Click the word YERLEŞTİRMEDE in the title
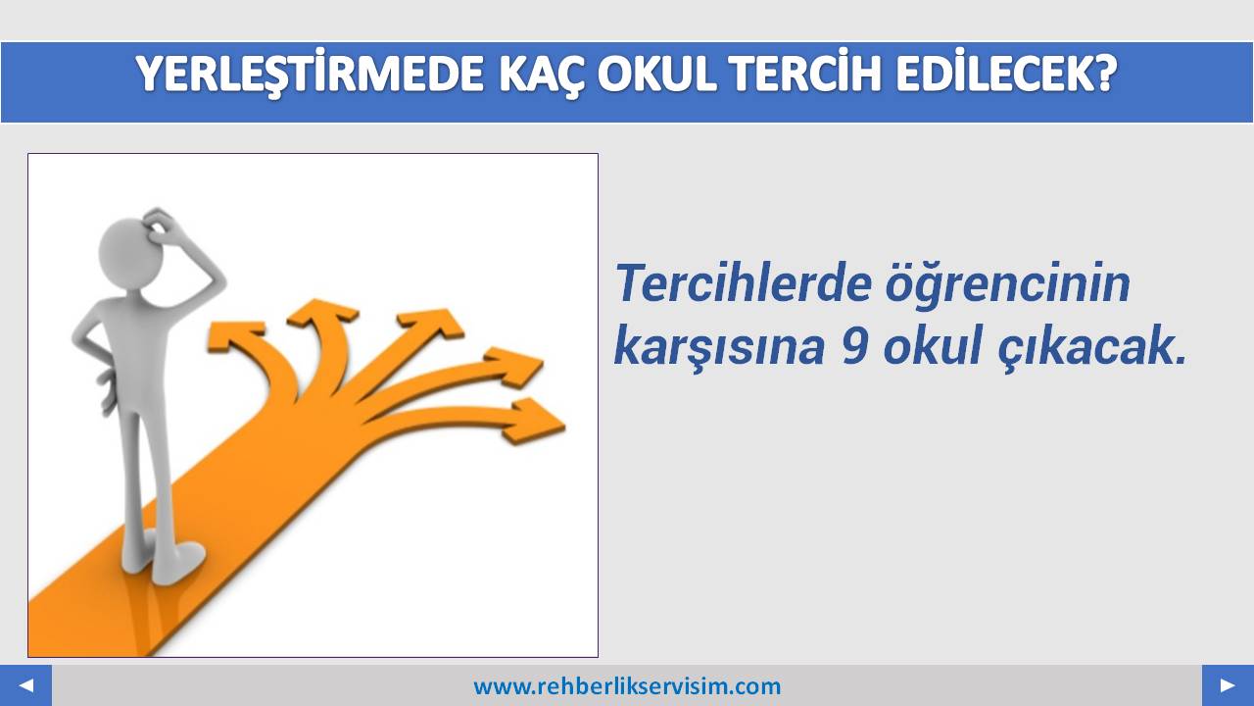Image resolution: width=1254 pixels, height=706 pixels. [310, 75]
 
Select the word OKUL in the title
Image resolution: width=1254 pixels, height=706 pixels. [657, 74]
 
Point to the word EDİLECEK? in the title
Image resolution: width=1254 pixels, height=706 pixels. [1006, 73]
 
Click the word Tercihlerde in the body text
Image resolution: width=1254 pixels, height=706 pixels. [744, 282]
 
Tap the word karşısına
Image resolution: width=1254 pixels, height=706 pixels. [719, 347]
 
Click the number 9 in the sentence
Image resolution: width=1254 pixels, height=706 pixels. [854, 346]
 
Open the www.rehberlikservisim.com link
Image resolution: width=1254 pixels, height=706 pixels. [627, 686]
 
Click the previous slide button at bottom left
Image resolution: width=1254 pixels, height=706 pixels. [25, 685]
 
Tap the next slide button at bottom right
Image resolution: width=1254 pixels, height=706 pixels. [1228, 685]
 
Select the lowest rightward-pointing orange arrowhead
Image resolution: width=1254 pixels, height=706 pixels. [535, 421]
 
